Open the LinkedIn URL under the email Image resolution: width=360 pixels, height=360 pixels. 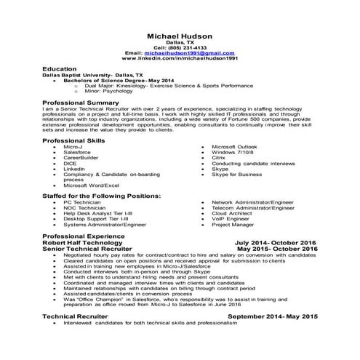pyautogui.click(x=180, y=59)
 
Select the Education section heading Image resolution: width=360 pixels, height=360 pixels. pyautogui.click(x=60, y=68)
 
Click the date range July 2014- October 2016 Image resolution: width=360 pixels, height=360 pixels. pyautogui.click(x=276, y=242)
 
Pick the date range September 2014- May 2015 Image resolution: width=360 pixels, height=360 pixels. pyautogui.click(x=273, y=316)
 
